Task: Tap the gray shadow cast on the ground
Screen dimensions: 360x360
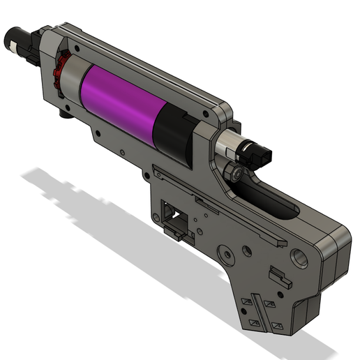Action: point(105,209)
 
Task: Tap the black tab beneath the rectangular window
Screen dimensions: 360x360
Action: point(174,231)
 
